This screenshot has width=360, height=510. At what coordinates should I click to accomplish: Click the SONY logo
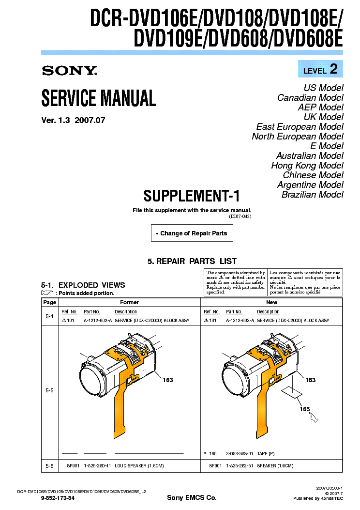70,71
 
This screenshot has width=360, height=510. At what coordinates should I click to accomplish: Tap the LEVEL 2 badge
320,69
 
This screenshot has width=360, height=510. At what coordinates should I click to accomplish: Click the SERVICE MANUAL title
99,98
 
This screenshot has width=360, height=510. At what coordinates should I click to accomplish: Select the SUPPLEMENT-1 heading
192,196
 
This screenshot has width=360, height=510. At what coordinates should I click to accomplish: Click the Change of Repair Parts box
192,233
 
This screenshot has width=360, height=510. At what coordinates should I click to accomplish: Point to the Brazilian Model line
312,195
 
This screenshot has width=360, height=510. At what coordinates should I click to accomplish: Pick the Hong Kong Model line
307,166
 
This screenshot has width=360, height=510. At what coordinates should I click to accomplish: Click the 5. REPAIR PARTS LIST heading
192,261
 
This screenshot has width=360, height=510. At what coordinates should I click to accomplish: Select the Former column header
129,302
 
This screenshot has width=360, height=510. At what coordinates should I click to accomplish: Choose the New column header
271,302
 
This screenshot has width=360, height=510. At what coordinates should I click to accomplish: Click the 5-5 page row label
49,390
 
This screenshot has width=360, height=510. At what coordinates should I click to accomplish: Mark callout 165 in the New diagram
304,409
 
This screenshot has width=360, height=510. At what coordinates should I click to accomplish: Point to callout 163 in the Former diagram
167,380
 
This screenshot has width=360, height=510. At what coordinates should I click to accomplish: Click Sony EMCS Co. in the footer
192,498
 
